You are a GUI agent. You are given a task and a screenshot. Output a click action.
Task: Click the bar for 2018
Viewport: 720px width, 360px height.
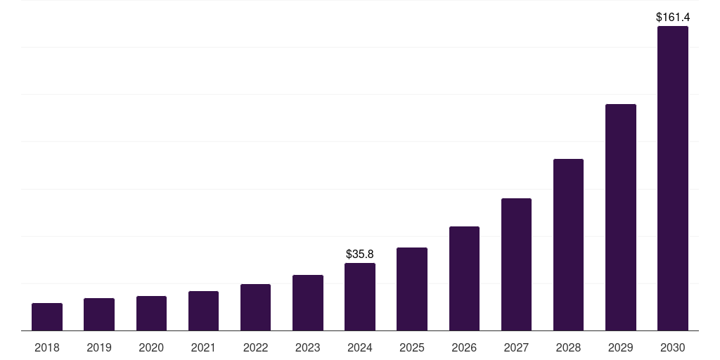(x=47, y=317)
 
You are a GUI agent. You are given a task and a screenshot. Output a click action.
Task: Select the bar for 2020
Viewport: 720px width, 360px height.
(x=151, y=314)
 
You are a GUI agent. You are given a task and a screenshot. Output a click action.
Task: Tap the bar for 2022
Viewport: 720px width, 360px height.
(x=255, y=307)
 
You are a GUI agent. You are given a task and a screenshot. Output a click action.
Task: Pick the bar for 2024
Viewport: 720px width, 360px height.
(x=359, y=297)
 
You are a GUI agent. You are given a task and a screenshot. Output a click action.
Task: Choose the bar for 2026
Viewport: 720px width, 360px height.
(x=464, y=278)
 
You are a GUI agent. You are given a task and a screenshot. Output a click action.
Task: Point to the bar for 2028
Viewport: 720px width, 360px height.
(x=568, y=245)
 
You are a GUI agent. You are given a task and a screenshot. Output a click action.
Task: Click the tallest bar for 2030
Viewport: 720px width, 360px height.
(x=672, y=179)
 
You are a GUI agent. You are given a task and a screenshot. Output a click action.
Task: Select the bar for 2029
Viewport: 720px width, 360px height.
(x=620, y=217)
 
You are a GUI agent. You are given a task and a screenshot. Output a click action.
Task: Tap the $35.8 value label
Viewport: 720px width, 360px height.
(x=359, y=254)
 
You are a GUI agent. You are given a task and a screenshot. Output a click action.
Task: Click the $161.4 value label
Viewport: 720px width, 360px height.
(x=672, y=16)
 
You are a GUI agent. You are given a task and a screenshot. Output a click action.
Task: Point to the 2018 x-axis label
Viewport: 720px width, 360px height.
(x=47, y=347)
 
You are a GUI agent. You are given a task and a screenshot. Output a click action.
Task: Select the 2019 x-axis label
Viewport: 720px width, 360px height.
(x=99, y=347)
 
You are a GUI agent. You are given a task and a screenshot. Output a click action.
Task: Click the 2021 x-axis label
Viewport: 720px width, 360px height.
(x=203, y=347)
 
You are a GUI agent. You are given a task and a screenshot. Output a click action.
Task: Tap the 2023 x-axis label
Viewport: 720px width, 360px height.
(x=307, y=347)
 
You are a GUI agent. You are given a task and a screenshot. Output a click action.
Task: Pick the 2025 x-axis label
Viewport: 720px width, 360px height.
(x=412, y=347)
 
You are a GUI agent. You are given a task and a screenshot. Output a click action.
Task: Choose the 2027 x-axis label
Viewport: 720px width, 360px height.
(x=516, y=347)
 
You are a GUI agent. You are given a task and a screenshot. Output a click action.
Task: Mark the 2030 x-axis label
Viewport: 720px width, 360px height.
(x=672, y=347)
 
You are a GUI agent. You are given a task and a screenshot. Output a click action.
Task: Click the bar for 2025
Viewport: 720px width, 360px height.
(x=412, y=289)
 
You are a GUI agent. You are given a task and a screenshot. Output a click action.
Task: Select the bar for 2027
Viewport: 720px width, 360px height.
(x=516, y=264)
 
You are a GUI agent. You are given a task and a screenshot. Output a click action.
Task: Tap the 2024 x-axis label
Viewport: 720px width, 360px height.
(x=359, y=347)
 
